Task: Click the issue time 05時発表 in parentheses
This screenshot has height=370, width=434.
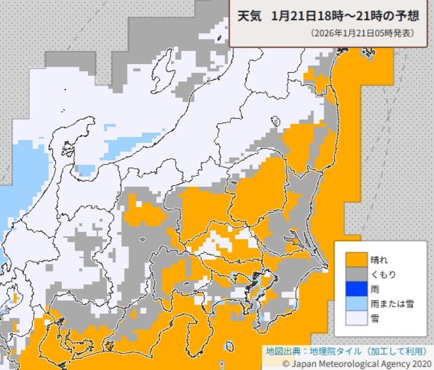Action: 394,33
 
